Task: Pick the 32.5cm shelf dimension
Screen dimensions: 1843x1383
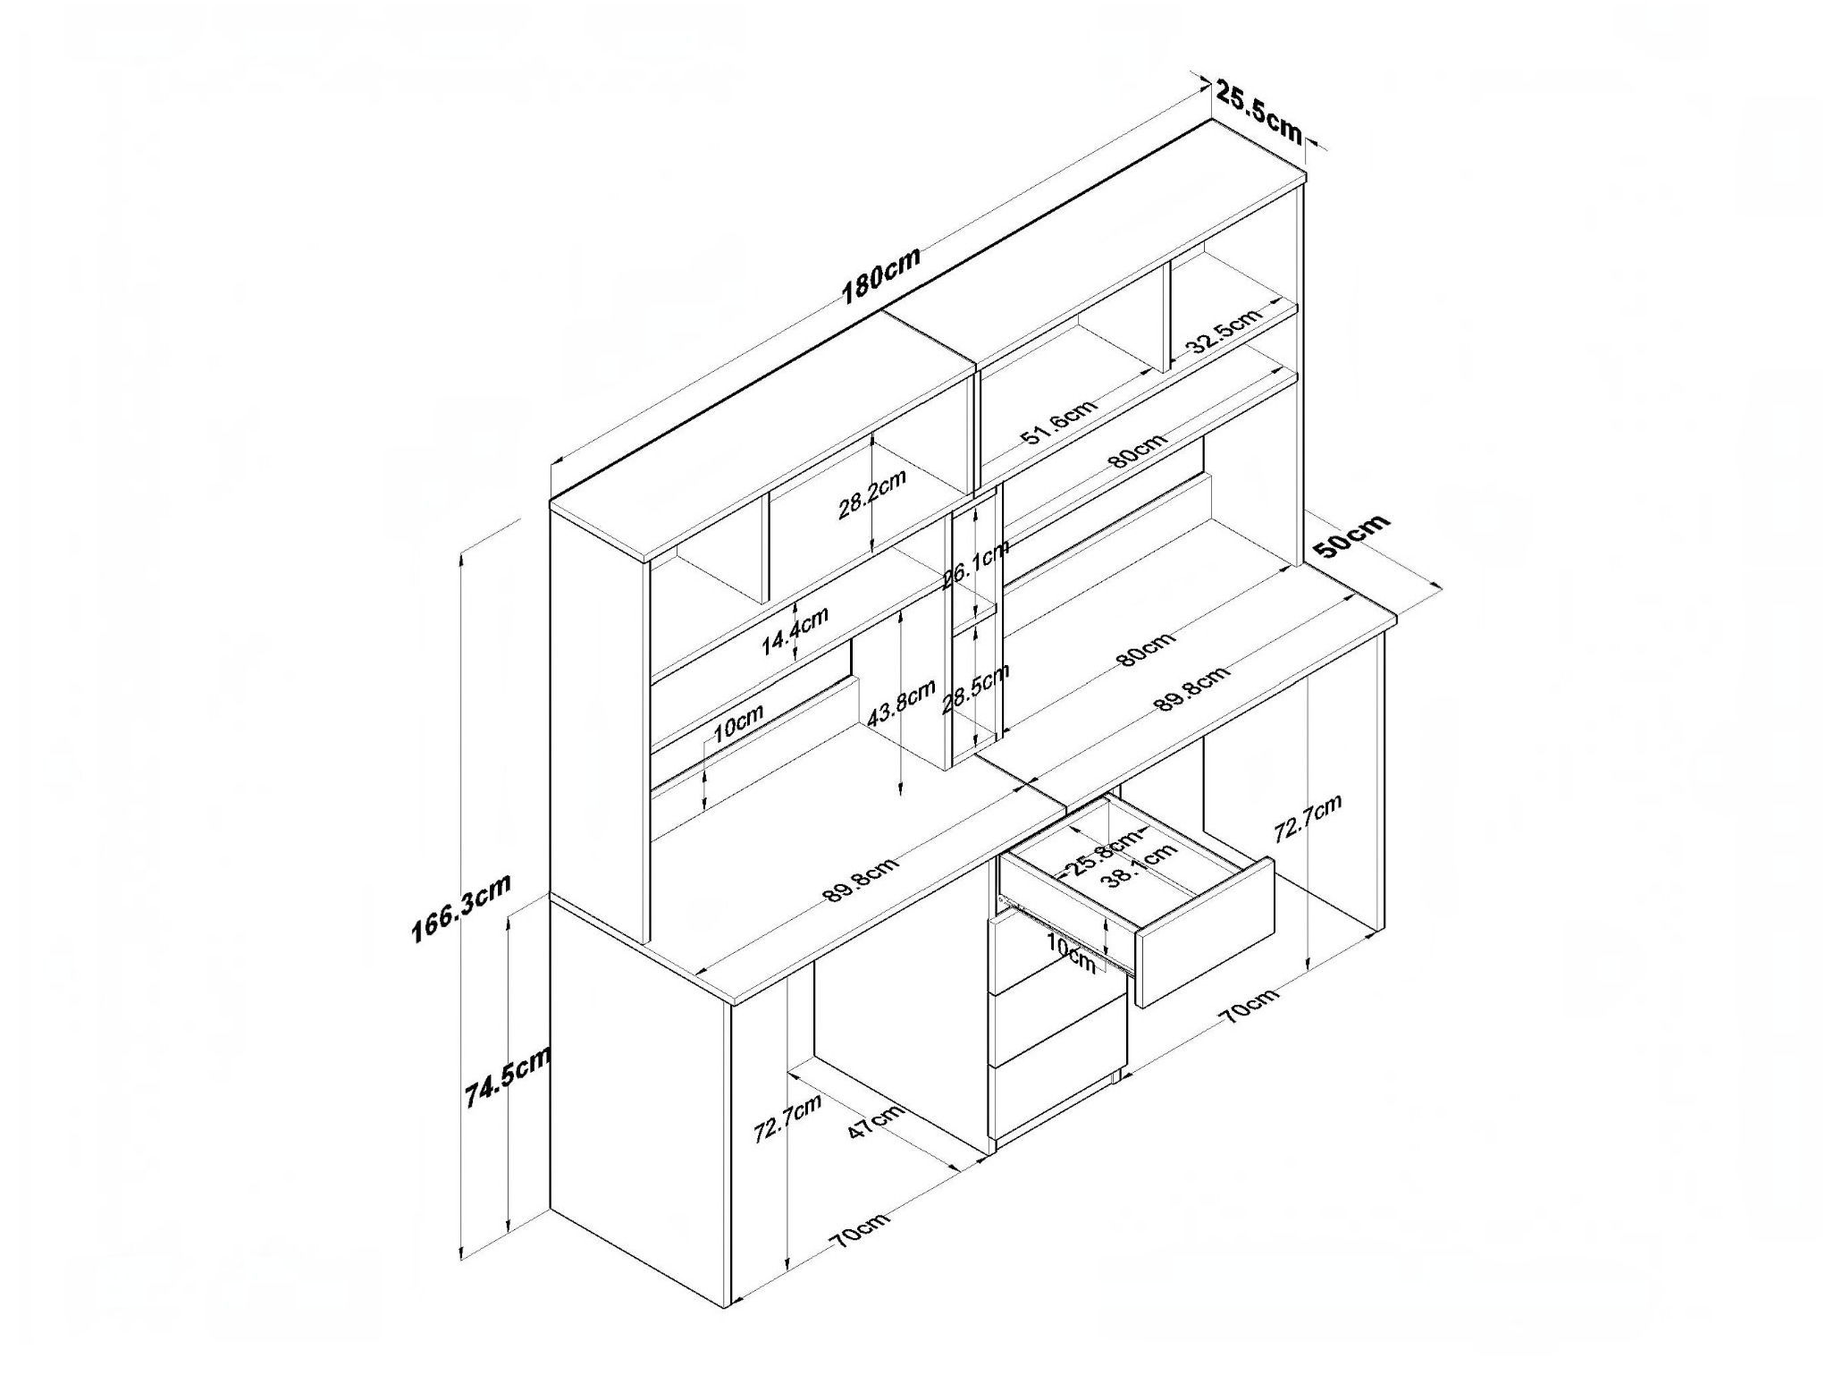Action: coord(1224,332)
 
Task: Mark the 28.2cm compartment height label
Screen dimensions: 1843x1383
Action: coord(872,494)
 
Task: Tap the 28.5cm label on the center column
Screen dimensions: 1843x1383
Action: coord(976,689)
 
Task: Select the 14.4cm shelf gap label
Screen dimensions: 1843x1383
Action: coord(795,631)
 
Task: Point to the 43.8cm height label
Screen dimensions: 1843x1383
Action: coord(902,704)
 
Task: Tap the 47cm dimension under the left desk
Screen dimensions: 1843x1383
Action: coord(876,1121)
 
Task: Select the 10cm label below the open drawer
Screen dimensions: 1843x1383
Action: coord(1071,953)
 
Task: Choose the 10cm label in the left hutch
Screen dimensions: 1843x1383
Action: coord(738,723)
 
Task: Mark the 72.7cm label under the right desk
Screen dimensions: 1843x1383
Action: coord(1308,818)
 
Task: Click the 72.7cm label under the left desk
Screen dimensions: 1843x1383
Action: coord(787,1118)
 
